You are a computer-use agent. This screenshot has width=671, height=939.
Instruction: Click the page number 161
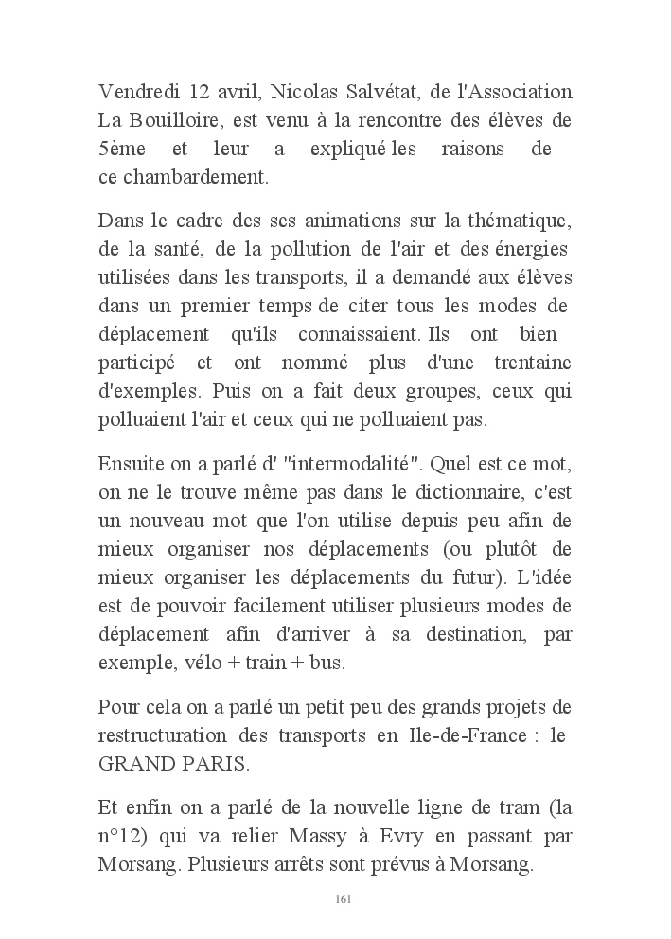pos(344,899)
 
